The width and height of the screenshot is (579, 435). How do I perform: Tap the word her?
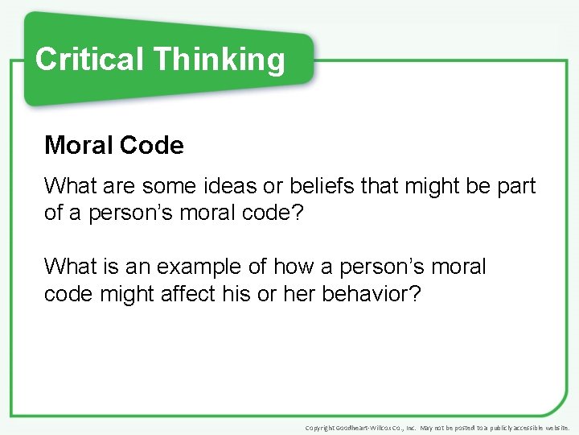[300, 294]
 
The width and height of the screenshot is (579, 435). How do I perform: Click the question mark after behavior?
[415, 294]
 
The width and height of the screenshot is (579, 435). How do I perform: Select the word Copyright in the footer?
[319, 428]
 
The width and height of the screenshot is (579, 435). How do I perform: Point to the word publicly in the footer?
[493, 428]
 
